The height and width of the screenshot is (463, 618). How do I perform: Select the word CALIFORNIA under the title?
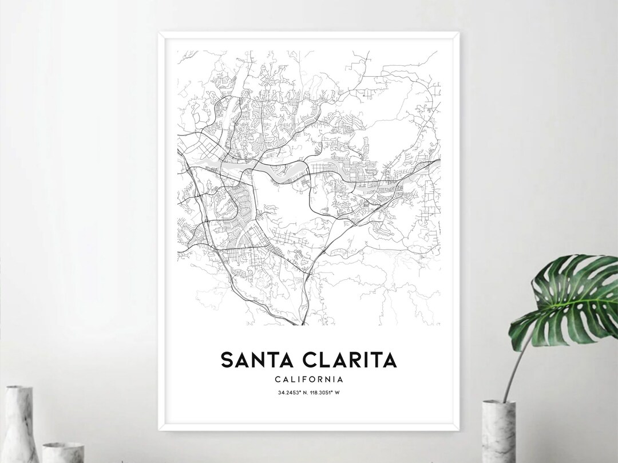tap(309, 379)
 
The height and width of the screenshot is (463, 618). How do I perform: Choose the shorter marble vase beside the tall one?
tap(63, 452)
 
